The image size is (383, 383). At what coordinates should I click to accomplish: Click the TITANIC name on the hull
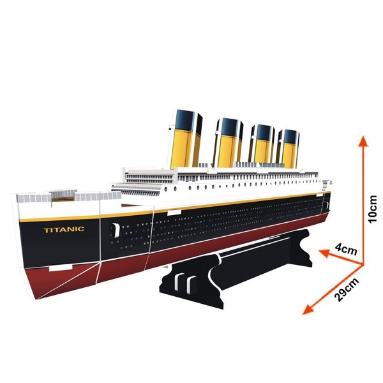(x=64, y=230)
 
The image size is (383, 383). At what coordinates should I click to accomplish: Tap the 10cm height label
(x=372, y=209)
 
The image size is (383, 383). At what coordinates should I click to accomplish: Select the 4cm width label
(x=346, y=249)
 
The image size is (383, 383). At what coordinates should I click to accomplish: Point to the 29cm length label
(x=347, y=289)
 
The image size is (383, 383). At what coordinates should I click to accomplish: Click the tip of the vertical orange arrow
(x=363, y=137)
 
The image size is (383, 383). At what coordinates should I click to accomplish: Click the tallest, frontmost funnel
(x=186, y=139)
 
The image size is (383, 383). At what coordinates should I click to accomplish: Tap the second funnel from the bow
(x=228, y=143)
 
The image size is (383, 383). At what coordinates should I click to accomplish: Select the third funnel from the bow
(x=262, y=144)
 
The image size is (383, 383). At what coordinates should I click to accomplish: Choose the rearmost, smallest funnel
(x=289, y=148)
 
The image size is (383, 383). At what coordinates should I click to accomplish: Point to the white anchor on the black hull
(x=116, y=230)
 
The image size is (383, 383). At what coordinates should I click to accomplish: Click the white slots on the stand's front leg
(x=185, y=283)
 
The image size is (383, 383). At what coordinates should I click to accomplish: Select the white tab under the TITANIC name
(x=61, y=267)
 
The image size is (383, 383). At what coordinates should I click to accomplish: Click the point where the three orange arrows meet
(x=363, y=264)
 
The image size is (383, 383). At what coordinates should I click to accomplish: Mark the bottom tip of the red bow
(x=36, y=299)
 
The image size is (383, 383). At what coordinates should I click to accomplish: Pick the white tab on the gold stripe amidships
(x=174, y=213)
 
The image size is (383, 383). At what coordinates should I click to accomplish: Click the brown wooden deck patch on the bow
(x=63, y=199)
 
